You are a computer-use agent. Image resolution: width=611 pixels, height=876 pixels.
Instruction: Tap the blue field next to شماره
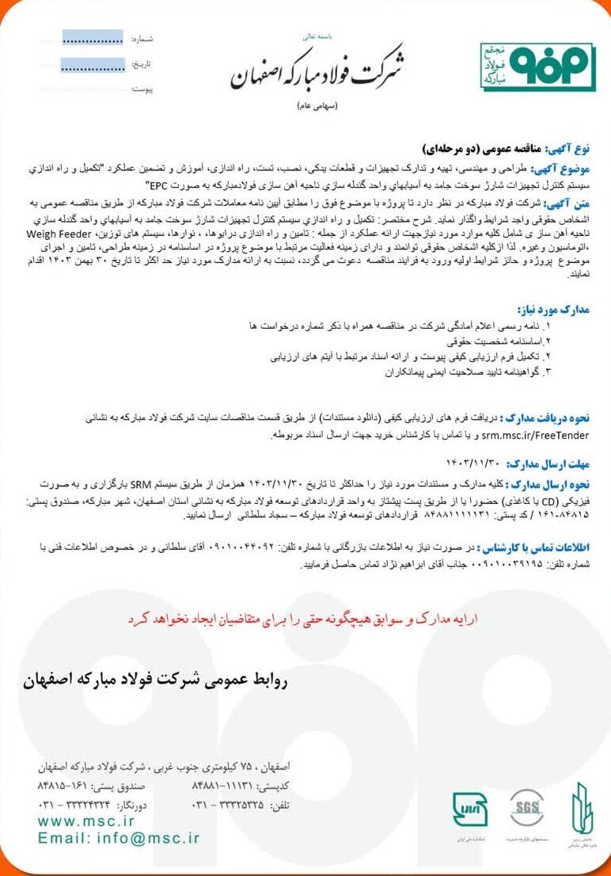coord(92,38)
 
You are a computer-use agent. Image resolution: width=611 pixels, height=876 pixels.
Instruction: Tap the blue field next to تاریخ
coord(92,64)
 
